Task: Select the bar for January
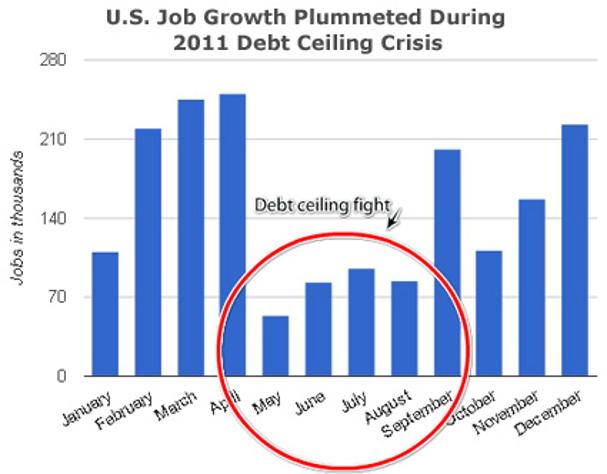click(x=105, y=314)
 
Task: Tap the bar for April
click(x=233, y=235)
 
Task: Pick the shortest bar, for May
click(x=275, y=346)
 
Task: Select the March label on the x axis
click(x=180, y=403)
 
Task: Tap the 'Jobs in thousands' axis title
click(x=19, y=218)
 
